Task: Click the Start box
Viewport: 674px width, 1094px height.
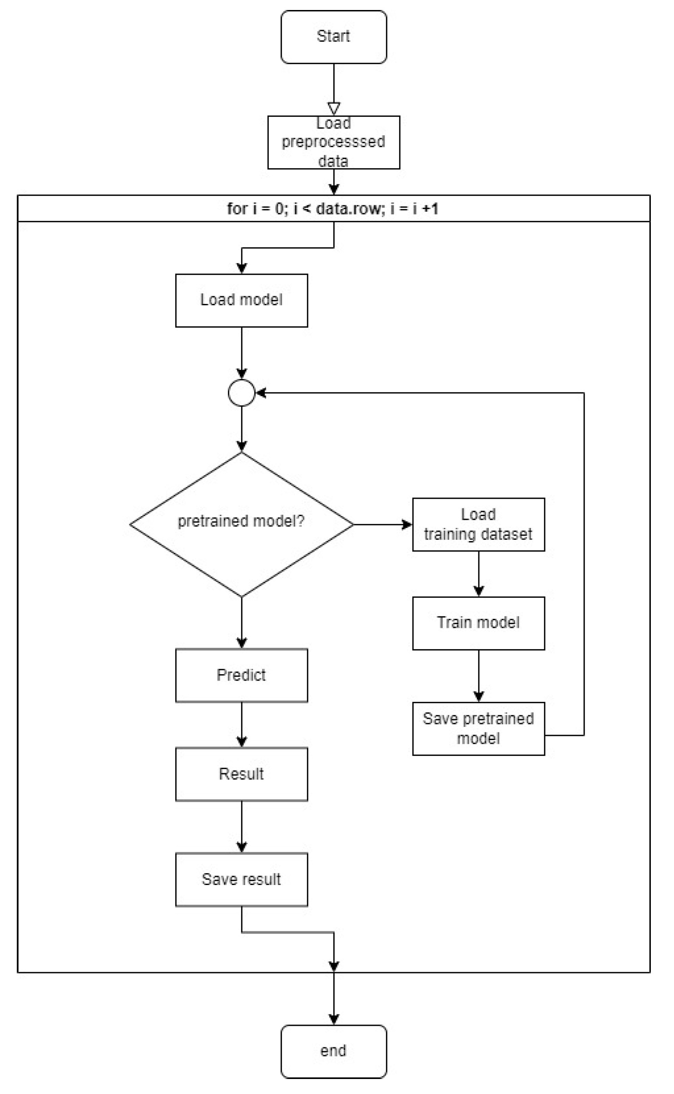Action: pyautogui.click(x=333, y=37)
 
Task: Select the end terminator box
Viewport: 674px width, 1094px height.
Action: pyautogui.click(x=333, y=1051)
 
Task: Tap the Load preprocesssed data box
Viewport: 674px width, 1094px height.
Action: pyautogui.click(x=333, y=142)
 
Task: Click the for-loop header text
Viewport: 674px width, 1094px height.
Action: pyautogui.click(x=333, y=209)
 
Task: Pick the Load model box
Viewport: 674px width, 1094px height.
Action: pyautogui.click(x=241, y=300)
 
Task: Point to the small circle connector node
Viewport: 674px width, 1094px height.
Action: pyautogui.click(x=241, y=393)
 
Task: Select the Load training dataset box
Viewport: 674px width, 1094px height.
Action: pyautogui.click(x=478, y=524)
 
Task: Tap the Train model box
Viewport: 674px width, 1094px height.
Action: pyautogui.click(x=478, y=623)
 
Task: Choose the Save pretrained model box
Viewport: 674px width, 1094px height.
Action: pyautogui.click(x=478, y=728)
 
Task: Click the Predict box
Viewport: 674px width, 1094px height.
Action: pyautogui.click(x=241, y=675)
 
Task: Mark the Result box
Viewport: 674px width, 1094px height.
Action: pyautogui.click(x=241, y=774)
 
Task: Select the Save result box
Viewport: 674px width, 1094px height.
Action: pyautogui.click(x=241, y=879)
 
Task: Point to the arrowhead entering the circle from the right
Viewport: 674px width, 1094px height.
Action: pyautogui.click(x=261, y=393)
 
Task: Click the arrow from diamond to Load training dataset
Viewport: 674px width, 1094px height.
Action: pyautogui.click(x=382, y=524)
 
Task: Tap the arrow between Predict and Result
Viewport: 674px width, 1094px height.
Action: pyautogui.click(x=241, y=724)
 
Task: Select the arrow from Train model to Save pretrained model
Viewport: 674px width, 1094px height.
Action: pyautogui.click(x=478, y=676)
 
